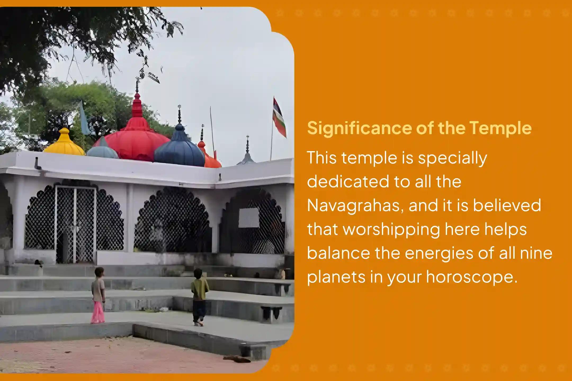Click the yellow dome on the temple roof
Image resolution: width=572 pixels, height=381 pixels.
64,143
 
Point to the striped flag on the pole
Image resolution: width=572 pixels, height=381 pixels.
279,117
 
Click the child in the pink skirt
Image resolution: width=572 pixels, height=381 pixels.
98,295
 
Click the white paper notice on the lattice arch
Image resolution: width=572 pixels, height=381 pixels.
249,217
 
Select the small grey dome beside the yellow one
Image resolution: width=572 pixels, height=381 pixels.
103,150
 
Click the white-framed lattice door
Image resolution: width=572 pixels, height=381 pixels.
75,225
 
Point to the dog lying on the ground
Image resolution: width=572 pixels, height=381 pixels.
237,359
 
